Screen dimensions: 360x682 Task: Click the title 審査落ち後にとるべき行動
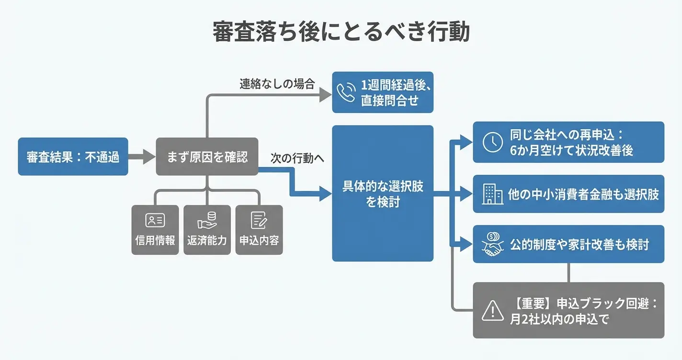point(341,32)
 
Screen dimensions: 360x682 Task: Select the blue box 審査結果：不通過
point(73,157)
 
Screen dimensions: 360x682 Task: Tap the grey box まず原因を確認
point(207,157)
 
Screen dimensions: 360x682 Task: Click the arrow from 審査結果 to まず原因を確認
point(142,157)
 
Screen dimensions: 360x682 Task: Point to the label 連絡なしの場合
point(277,84)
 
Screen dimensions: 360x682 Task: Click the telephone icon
point(346,93)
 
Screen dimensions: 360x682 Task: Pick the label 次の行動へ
point(297,158)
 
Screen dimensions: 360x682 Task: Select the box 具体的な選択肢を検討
point(383,193)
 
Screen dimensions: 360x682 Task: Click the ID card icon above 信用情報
point(155,221)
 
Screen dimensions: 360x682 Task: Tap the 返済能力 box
point(207,230)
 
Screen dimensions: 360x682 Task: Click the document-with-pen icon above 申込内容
point(259,221)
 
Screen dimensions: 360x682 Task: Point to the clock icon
point(492,142)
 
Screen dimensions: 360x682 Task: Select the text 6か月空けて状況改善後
point(571,150)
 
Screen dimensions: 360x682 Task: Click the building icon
point(492,194)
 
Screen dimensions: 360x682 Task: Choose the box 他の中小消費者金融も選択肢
point(568,194)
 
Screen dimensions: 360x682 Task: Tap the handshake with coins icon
point(492,244)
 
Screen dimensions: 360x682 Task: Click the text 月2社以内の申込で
point(558,319)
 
